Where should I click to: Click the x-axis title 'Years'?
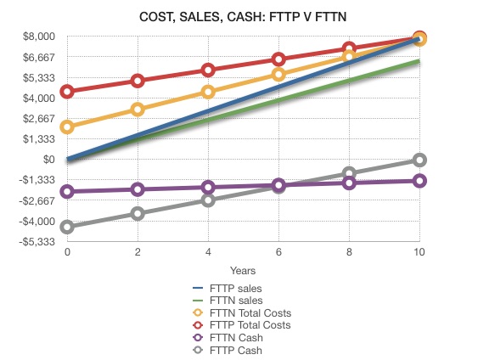[243, 270]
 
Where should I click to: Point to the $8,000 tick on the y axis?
[39, 36]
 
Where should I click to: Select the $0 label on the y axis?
[48, 160]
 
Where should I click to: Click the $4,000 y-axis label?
[39, 98]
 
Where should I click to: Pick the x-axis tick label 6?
[278, 253]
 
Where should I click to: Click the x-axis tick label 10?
[419, 253]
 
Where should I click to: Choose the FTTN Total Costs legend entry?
[250, 312]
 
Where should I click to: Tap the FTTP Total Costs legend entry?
[250, 325]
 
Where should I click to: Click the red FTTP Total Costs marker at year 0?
[67, 92]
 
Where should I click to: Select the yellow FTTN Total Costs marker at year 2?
[138, 110]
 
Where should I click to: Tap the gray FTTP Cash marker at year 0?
[67, 227]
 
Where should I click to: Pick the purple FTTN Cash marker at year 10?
[419, 181]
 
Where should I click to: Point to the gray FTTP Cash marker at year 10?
[419, 160]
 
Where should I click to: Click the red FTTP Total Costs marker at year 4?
[208, 70]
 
